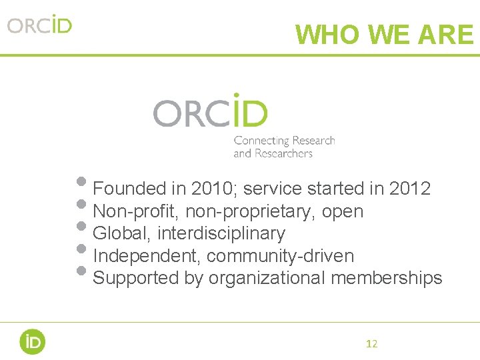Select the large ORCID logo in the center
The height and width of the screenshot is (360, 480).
(x=211, y=111)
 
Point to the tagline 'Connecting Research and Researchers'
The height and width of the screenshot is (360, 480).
(x=284, y=147)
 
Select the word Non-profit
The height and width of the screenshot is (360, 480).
(x=136, y=212)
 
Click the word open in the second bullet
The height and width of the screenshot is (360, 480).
(x=343, y=213)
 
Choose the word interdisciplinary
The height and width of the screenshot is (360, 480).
(x=221, y=234)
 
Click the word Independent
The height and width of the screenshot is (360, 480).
(x=147, y=256)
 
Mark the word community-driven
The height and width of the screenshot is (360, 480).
(x=280, y=256)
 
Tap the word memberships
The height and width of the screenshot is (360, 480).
(x=387, y=278)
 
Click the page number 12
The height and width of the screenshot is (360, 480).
(x=372, y=344)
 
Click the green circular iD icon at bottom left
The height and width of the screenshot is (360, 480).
(x=32, y=341)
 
